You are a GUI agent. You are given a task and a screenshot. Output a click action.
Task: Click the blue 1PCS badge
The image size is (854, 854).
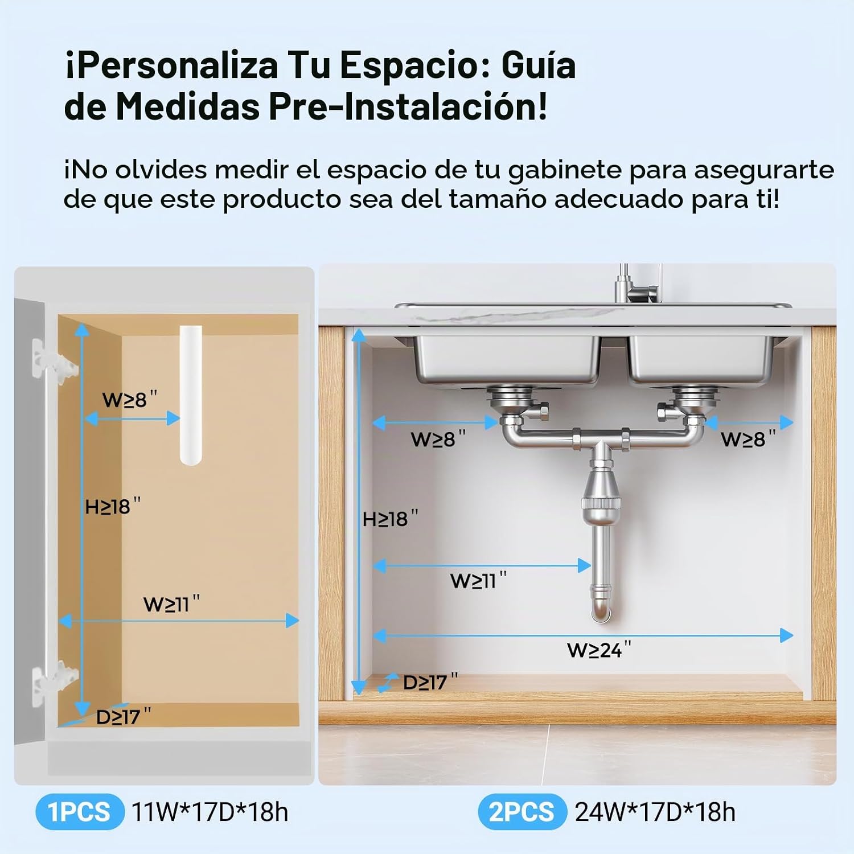[80, 811]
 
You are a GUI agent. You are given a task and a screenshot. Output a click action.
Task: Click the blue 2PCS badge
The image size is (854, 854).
[522, 811]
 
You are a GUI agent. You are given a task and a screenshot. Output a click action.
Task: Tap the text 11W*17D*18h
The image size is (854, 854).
[210, 812]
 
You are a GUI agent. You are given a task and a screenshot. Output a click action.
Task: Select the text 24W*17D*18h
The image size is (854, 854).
[655, 812]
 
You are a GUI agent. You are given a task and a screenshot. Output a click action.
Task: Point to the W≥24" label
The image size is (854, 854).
[599, 650]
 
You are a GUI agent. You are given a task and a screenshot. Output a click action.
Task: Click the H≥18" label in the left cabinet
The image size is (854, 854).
[112, 506]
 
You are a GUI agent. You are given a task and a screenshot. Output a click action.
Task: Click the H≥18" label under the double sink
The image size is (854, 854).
[390, 519]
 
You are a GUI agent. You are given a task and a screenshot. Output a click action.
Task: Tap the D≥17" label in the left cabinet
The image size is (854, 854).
[124, 716]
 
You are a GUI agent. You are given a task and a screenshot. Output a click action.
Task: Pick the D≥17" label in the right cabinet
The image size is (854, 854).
[430, 682]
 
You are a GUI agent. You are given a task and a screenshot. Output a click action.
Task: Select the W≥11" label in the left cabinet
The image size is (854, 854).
[171, 603]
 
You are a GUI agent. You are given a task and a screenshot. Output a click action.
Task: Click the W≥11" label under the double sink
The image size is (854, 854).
[478, 580]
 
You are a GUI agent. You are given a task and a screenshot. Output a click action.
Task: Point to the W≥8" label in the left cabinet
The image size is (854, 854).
[130, 399]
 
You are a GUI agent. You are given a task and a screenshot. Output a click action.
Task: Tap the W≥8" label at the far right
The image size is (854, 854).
[748, 439]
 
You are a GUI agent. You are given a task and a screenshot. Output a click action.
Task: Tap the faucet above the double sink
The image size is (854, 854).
[638, 284]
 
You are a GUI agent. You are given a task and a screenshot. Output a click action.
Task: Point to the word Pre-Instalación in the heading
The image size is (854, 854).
[408, 106]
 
